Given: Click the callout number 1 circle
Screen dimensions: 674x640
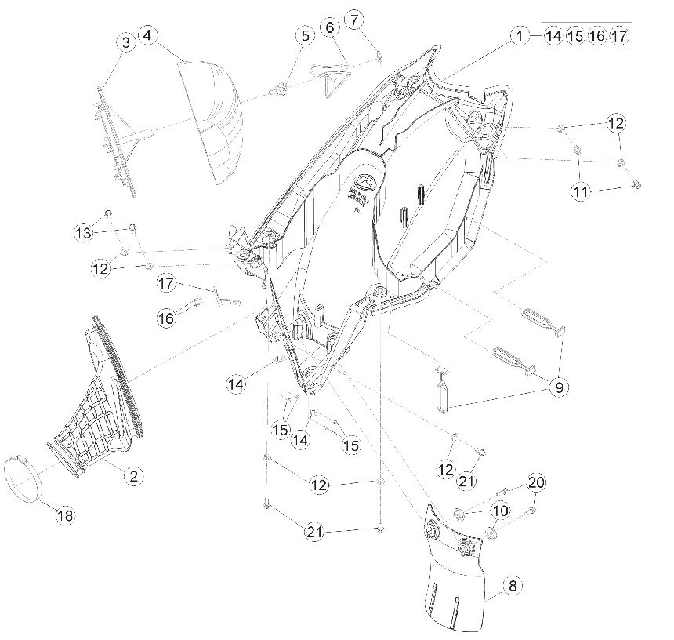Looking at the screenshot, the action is click(x=520, y=36).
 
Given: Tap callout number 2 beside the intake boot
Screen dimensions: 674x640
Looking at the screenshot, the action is click(x=134, y=476).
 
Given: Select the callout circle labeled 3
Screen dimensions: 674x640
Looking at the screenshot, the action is click(x=126, y=42).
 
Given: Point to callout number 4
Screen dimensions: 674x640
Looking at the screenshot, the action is click(x=147, y=35).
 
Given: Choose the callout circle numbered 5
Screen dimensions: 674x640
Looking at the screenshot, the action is click(x=305, y=36).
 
